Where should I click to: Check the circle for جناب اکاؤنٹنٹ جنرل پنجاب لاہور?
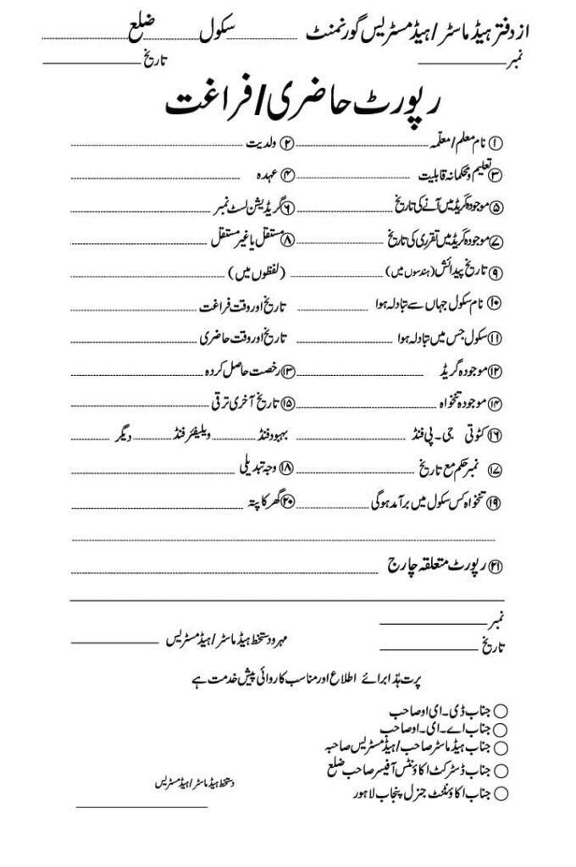501,793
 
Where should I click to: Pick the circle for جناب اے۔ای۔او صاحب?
501,727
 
